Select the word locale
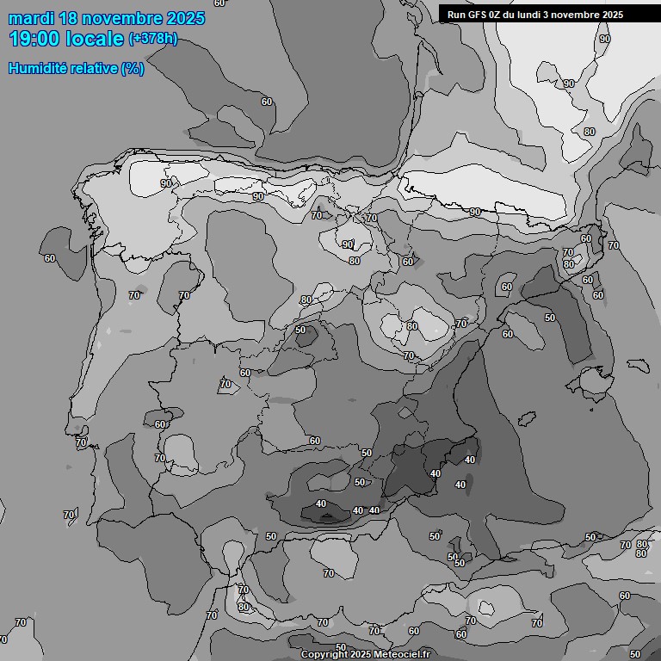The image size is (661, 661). click(96, 39)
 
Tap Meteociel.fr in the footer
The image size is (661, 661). click(401, 654)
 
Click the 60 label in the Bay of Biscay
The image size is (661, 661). click(267, 102)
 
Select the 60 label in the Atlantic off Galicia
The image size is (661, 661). click(50, 258)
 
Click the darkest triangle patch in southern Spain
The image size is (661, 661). click(326, 517)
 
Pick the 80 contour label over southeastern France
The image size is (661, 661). click(589, 132)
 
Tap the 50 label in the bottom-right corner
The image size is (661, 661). click(635, 655)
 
